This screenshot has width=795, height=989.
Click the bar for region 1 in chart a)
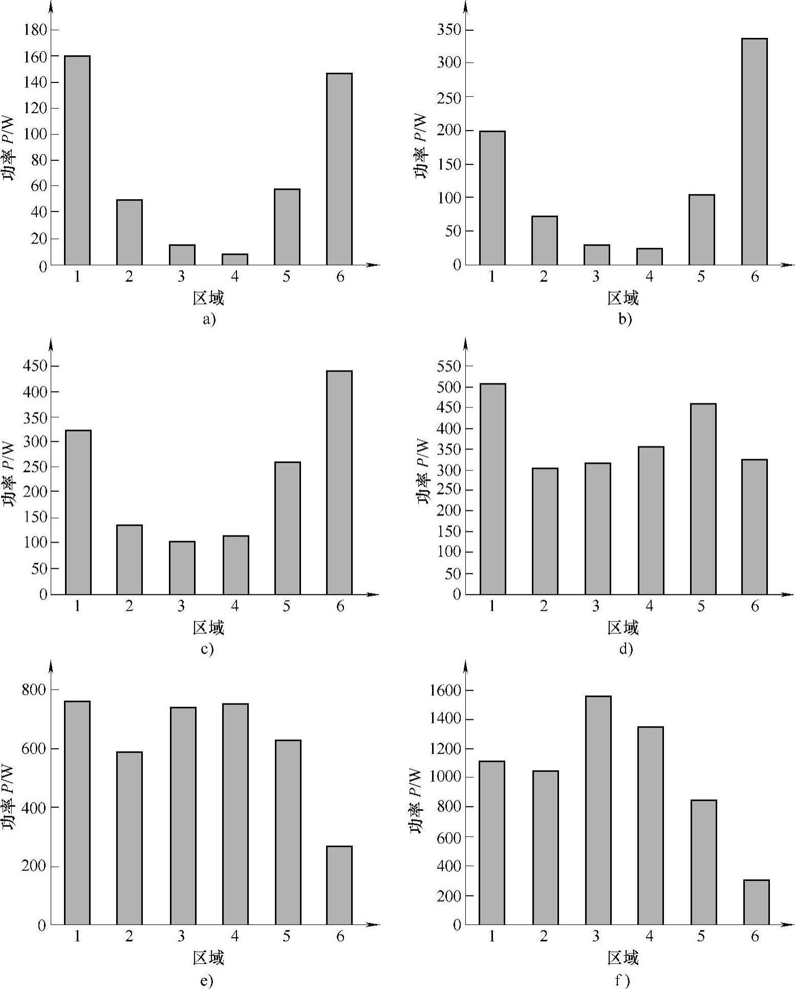pyautogui.click(x=77, y=160)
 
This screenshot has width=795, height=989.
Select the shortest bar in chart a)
pyautogui.click(x=235, y=260)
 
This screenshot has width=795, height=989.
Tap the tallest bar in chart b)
pyautogui.click(x=755, y=152)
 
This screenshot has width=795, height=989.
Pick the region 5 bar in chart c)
pyautogui.click(x=288, y=528)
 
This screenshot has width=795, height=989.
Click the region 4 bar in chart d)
pyautogui.click(x=651, y=520)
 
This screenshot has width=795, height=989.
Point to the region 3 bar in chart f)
pyautogui.click(x=598, y=810)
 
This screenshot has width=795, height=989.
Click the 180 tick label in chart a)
pyautogui.click(x=35, y=30)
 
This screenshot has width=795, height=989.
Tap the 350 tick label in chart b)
pyautogui.click(x=449, y=30)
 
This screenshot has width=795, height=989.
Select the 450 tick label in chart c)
pyautogui.click(x=35, y=366)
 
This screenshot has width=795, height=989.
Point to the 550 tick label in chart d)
pyautogui.click(x=449, y=366)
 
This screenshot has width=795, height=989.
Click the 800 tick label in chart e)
pyautogui.click(x=34, y=690)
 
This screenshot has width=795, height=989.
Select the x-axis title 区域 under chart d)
pyautogui.click(x=623, y=628)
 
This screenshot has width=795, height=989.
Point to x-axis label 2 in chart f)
pyautogui.click(x=543, y=936)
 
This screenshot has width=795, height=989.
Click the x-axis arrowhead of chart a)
pyautogui.click(x=374, y=265)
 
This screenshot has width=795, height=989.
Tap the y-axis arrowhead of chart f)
pyautogui.click(x=465, y=666)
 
